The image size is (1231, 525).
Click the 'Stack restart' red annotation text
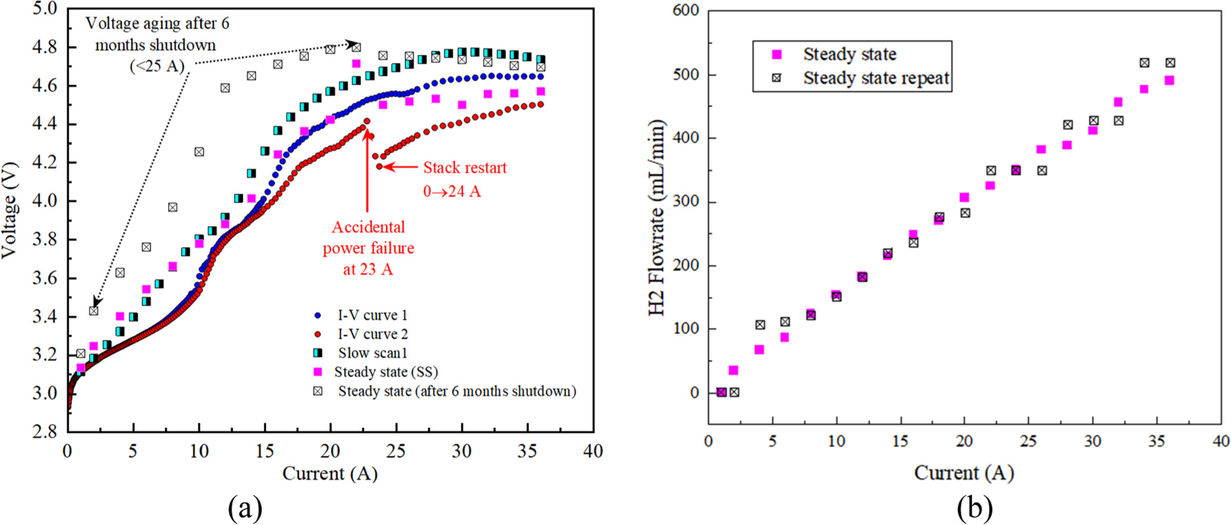click(x=464, y=168)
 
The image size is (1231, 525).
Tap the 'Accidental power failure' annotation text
click(x=368, y=247)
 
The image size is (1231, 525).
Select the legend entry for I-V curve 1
click(x=372, y=315)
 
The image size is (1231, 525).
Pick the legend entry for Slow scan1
click(x=373, y=353)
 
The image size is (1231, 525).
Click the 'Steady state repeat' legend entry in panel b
click(x=875, y=79)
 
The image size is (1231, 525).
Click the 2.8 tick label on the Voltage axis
click(x=45, y=431)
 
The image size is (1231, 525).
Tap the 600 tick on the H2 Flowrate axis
click(x=686, y=11)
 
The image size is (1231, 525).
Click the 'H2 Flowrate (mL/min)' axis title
click(x=656, y=218)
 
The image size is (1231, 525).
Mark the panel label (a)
click(x=245, y=508)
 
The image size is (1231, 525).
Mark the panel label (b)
click(x=975, y=508)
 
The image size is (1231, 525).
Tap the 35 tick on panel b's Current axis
click(x=1156, y=442)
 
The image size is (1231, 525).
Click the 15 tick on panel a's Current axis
click(x=265, y=451)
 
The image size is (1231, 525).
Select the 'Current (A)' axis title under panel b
click(x=964, y=473)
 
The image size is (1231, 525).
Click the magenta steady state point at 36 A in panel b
click(x=1169, y=80)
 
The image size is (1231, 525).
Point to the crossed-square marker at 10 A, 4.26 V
click(x=199, y=152)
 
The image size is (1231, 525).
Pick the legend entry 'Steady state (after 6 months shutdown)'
click(x=457, y=392)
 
